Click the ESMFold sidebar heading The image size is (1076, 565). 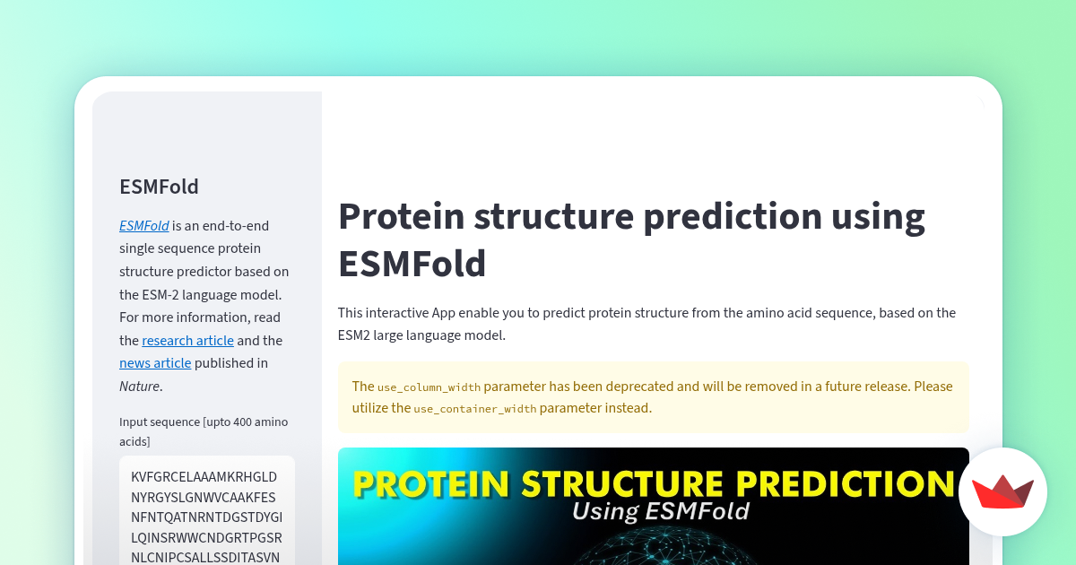pos(159,187)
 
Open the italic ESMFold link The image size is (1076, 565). pos(144,226)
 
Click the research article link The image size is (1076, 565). pos(187,341)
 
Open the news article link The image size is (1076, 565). pos(155,363)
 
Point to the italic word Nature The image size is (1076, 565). pos(140,387)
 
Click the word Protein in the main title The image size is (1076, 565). pos(401,216)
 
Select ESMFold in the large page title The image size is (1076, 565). pos(412,264)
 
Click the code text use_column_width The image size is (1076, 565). pos(429,387)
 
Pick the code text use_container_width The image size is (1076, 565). pos(475,409)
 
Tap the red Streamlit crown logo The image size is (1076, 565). pos(1002,491)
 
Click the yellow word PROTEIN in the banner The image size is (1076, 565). pos(431,483)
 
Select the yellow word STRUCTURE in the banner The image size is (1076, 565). pos(622,483)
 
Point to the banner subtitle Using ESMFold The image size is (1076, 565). pos(661,511)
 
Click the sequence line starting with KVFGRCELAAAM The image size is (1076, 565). pos(204,476)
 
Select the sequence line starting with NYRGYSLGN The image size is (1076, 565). pos(204,497)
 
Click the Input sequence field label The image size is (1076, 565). pos(204,431)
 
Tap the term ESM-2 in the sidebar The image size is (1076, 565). pos(160,294)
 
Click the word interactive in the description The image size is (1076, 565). pos(396,313)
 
